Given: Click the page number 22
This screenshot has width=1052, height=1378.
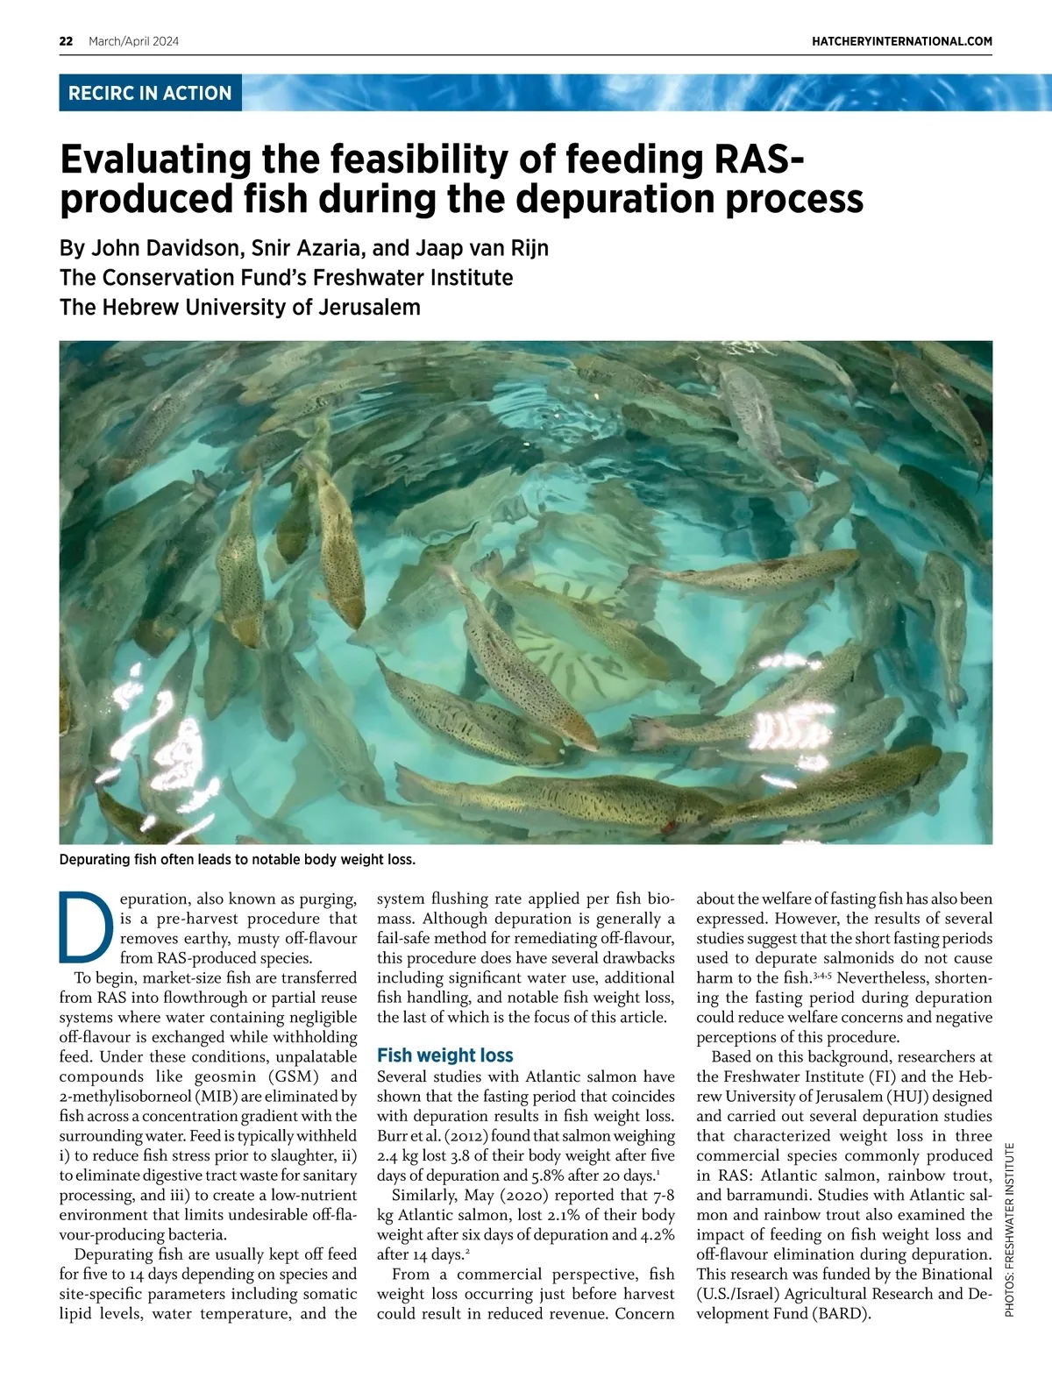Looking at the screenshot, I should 66,41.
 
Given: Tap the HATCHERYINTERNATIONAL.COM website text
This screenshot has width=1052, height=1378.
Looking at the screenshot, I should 902,41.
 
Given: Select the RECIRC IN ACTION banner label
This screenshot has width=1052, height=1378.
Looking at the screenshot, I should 150,93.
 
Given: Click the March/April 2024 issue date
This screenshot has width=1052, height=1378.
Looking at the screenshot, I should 133,41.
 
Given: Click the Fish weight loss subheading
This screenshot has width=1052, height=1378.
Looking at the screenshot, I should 444,1055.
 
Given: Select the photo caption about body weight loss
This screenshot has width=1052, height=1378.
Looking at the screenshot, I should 237,859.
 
